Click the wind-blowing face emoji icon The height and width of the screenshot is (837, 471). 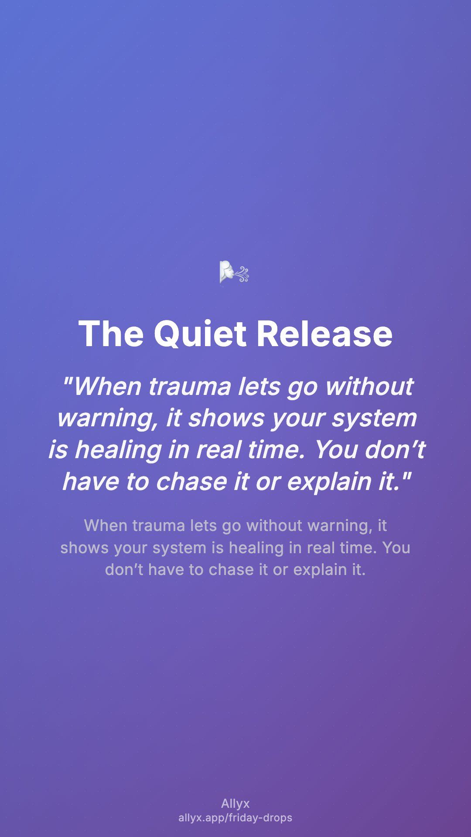234,272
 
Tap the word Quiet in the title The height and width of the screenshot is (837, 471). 200,334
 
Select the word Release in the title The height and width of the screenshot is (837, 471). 324,334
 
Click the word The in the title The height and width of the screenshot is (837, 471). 111,334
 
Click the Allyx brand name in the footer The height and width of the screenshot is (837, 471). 235,804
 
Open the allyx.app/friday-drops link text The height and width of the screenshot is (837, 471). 235,818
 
